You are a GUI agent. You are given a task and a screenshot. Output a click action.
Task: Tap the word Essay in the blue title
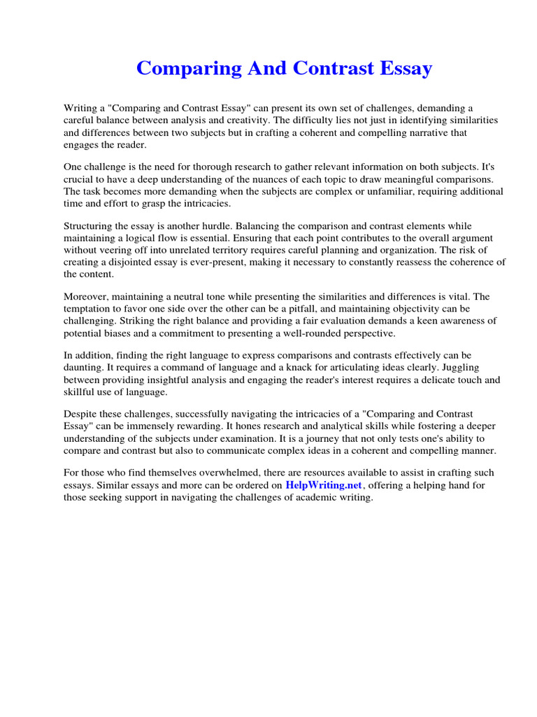coord(403,69)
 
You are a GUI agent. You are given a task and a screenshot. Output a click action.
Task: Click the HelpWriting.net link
coord(324,485)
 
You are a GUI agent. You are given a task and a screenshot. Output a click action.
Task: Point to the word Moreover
coord(87,297)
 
